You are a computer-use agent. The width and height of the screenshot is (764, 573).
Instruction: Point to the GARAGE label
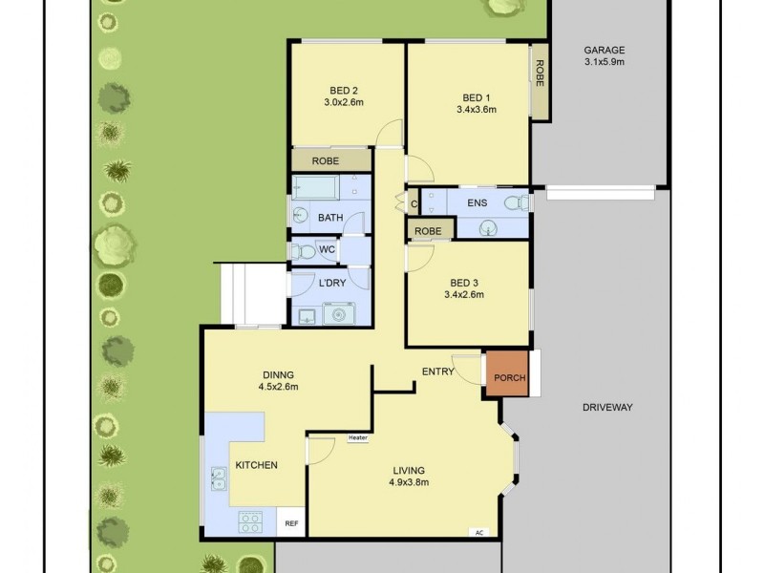click(x=605, y=50)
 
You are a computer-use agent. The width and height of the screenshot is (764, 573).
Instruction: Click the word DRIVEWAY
click(x=607, y=407)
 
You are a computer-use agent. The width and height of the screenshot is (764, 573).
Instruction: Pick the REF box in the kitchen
click(x=290, y=524)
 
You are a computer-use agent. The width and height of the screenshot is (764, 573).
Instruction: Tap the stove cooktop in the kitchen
click(x=250, y=520)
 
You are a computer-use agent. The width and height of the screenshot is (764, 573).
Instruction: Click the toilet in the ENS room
click(x=517, y=202)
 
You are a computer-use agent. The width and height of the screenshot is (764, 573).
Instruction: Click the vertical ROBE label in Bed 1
click(x=541, y=73)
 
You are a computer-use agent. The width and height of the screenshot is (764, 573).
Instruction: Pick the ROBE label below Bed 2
click(x=326, y=161)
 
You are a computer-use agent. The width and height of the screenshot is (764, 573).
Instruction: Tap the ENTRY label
click(x=437, y=371)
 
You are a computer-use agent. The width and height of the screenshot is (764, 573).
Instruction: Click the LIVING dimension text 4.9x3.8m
click(x=408, y=482)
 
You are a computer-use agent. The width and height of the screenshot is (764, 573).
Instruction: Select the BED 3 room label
click(x=464, y=283)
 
